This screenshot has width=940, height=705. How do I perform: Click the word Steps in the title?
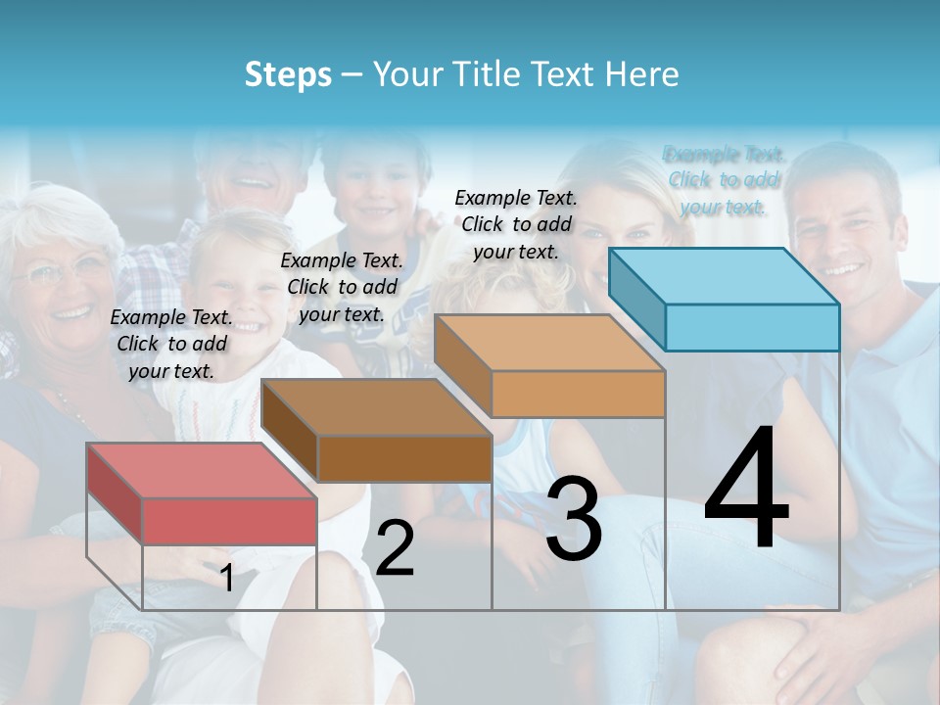(288, 74)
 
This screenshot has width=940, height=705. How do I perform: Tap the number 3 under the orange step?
(573, 519)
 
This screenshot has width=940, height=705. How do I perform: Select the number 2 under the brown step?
(395, 548)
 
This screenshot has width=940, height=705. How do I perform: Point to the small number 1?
(226, 578)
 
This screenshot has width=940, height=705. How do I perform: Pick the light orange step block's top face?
(548, 343)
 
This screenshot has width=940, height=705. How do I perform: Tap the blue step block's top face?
(725, 276)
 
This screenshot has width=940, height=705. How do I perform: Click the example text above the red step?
(172, 344)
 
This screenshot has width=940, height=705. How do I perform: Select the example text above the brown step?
(342, 287)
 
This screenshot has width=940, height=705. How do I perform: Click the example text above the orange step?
(516, 224)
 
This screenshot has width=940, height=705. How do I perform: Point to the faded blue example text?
(725, 180)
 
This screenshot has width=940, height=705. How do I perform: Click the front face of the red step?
(229, 521)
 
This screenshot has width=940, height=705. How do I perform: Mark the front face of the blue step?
(752, 327)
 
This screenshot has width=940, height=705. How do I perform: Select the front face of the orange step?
(578, 394)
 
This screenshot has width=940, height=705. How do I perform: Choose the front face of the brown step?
(404, 457)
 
